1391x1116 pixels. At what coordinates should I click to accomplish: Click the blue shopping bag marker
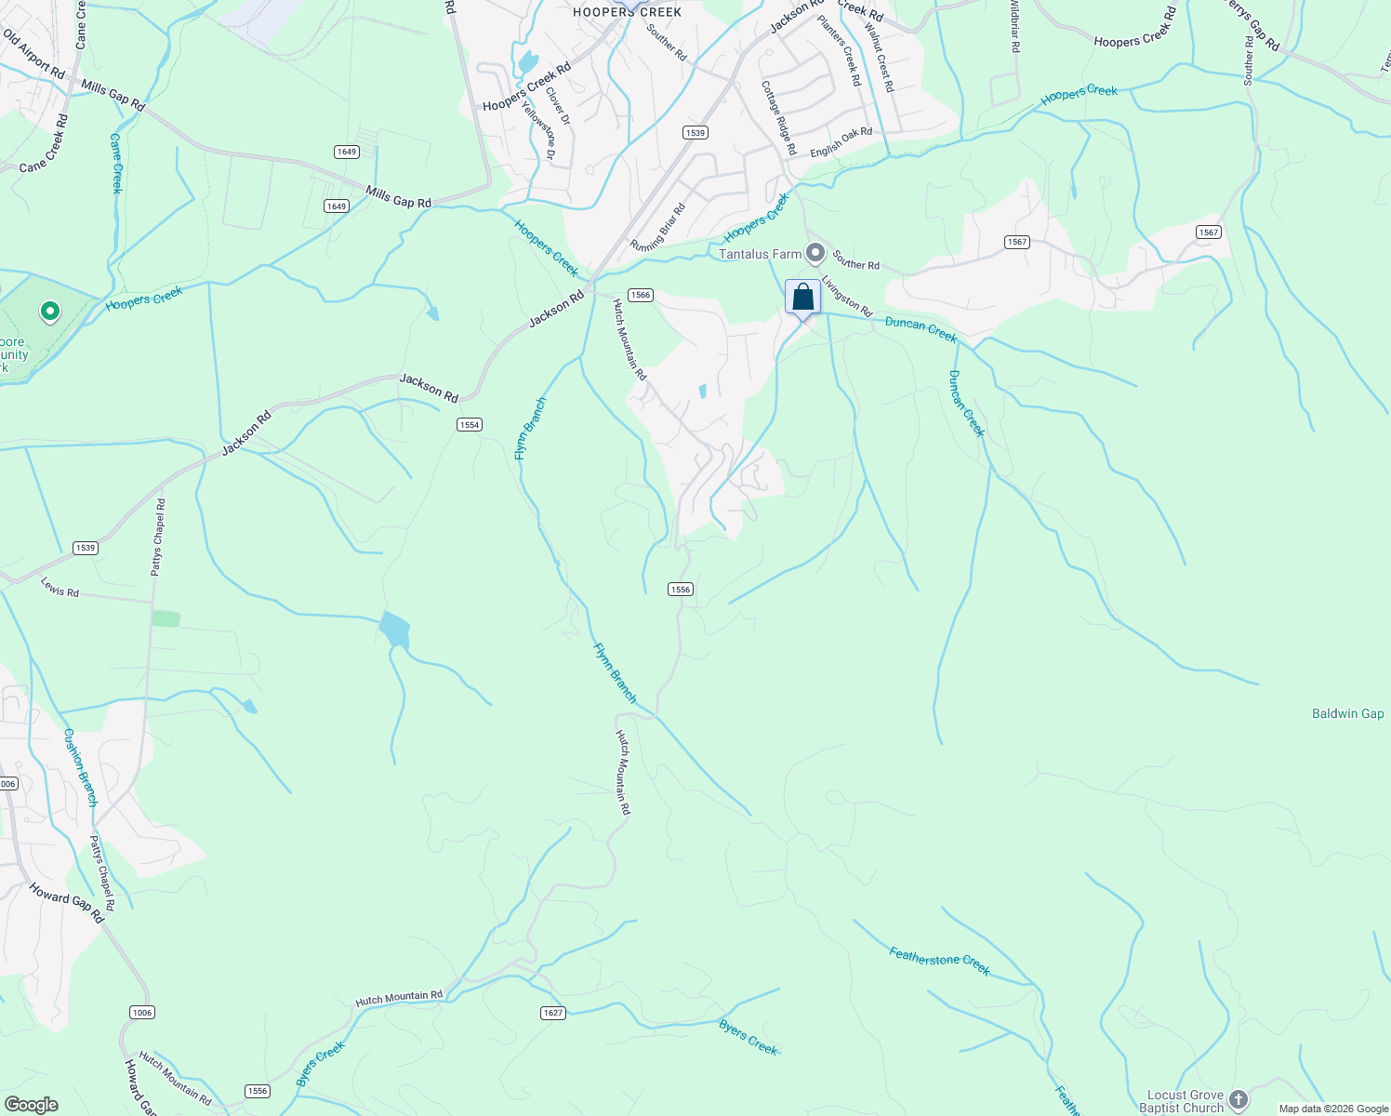pos(803,298)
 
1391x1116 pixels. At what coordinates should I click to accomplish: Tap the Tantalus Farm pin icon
pos(815,252)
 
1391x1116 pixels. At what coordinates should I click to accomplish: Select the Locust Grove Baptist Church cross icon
pos(1238,1100)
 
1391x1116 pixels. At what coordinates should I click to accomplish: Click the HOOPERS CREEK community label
pos(628,12)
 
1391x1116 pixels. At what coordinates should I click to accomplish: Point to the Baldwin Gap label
pos(1347,713)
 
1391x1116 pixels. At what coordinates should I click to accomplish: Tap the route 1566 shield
pos(640,295)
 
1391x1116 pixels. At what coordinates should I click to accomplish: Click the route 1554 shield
pos(470,425)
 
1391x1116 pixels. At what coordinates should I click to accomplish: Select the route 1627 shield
pos(553,1013)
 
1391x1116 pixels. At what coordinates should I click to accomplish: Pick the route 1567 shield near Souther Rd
pos(1017,242)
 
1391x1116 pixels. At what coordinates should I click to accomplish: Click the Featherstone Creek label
pos(939,961)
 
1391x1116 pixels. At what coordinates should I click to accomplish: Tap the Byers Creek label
pos(748,1037)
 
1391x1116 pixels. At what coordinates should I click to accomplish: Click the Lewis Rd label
pos(60,587)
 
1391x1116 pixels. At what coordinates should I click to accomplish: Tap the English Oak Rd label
pos(841,142)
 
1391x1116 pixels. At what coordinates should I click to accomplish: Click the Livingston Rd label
pos(846,296)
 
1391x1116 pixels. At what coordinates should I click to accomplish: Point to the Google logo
pos(32,1105)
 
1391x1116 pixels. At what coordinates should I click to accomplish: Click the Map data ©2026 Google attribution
pos(1333,1109)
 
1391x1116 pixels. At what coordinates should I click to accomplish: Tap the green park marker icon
pos(50,312)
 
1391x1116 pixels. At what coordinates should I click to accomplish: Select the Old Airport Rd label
pos(33,55)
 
